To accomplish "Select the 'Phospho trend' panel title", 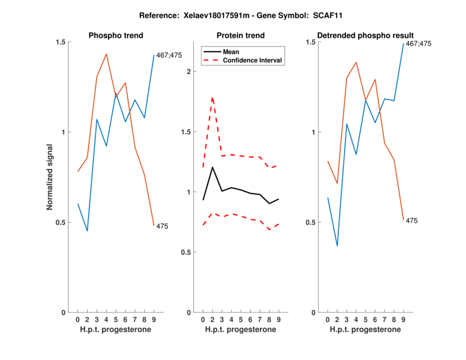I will coord(114,36).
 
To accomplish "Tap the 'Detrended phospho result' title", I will coord(363,36).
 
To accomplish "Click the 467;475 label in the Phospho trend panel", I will coord(170,55).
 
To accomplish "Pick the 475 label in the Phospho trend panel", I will coord(163,226).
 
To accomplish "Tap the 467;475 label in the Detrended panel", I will coord(419,44).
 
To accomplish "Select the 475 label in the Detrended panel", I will coord(412,221).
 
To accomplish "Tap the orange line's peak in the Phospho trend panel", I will coord(106,54).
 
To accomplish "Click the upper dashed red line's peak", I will coord(212,97).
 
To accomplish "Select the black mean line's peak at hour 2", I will coord(212,167).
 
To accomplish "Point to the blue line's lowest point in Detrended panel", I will coord(337,246).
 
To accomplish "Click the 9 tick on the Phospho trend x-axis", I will coord(154,320).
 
